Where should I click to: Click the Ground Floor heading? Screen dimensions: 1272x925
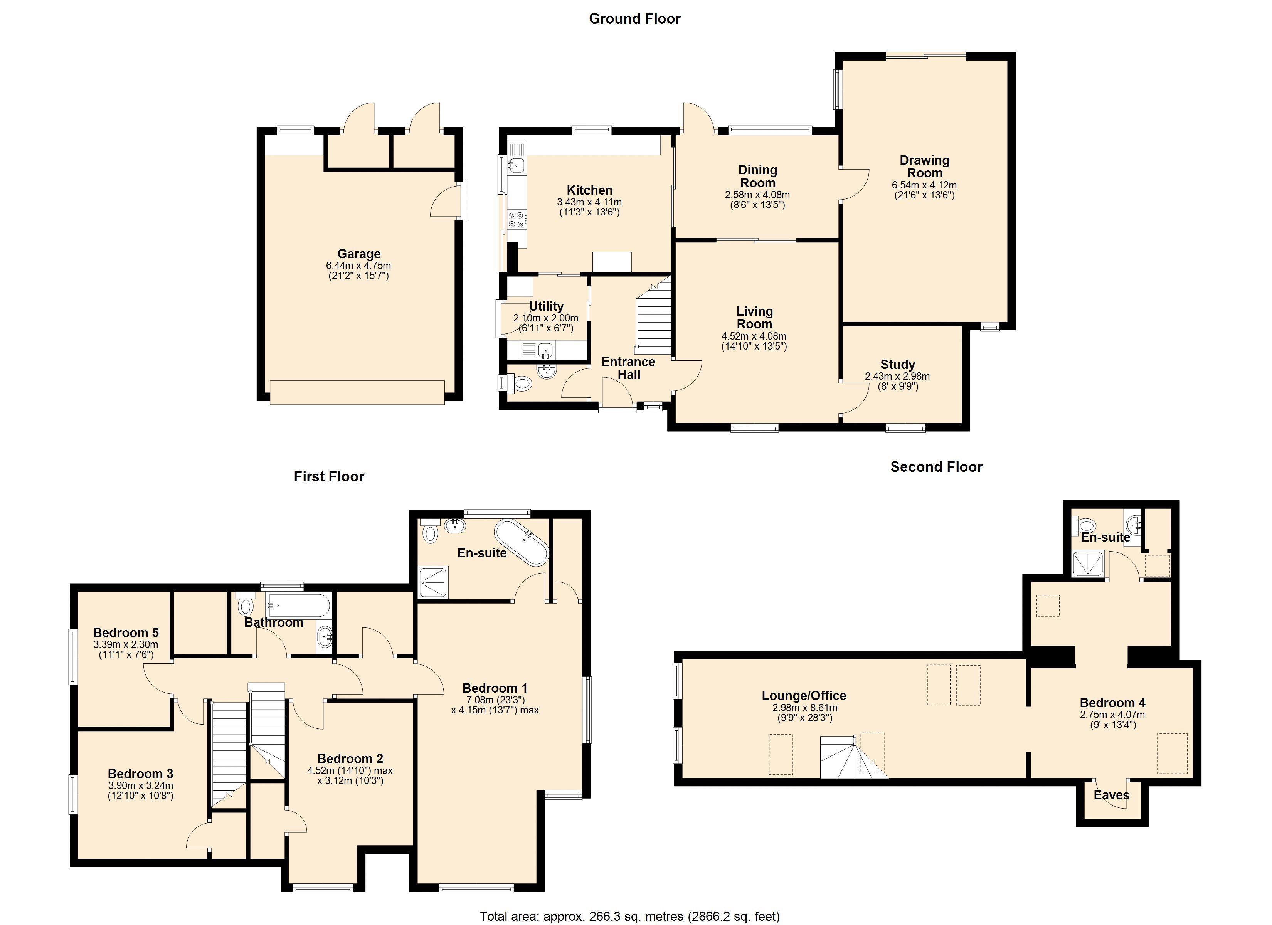[634, 18]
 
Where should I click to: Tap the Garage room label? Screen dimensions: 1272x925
[359, 254]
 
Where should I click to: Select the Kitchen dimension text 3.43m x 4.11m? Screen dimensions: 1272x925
[589, 202]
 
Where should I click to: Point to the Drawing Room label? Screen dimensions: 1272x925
[924, 166]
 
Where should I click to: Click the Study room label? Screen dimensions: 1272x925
[897, 364]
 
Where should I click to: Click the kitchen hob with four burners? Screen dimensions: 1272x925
[517, 219]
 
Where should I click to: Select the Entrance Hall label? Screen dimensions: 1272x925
[628, 368]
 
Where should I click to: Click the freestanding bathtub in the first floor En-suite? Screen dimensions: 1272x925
[522, 542]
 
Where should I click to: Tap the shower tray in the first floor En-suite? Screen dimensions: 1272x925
[434, 582]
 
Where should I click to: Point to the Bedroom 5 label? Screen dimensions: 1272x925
[126, 633]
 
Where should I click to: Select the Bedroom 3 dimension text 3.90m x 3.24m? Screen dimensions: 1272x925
[140, 786]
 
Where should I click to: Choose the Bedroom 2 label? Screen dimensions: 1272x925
[350, 759]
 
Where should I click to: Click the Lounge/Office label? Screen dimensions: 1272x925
[804, 696]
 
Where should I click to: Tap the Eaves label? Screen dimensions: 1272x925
[1111, 795]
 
